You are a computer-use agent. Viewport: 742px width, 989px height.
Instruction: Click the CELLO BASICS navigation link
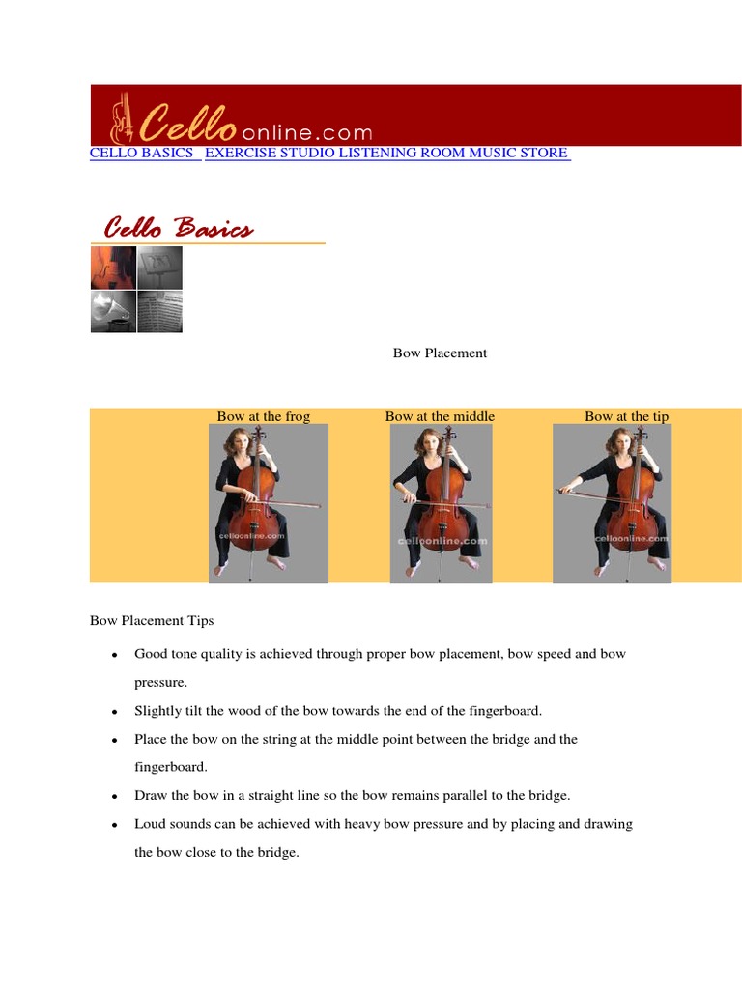pos(142,154)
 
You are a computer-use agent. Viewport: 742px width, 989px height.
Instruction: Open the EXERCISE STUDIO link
pos(271,154)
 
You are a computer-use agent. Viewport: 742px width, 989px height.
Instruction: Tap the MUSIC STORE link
pos(519,154)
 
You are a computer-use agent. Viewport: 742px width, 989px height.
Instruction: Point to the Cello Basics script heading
pos(179,229)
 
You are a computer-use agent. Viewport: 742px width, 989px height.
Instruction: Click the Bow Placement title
pos(440,353)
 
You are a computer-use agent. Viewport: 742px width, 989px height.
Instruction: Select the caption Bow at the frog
pos(264,416)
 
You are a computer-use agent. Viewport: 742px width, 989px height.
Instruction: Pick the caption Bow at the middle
pos(440,416)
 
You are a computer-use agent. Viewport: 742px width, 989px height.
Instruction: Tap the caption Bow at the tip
pos(626,416)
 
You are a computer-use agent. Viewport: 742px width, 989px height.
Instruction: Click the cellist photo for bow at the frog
pos(269,503)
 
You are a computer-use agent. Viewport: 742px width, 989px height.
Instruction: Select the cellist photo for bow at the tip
pos(612,503)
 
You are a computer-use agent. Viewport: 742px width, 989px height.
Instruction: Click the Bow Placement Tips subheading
pos(152,620)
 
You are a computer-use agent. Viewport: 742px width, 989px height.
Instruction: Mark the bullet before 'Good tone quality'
pos(115,655)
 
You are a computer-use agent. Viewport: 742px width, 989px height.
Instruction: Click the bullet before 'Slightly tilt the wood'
pos(115,712)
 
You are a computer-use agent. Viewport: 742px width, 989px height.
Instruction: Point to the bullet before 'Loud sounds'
pos(115,825)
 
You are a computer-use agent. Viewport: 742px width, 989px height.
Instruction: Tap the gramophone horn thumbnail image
pos(113,312)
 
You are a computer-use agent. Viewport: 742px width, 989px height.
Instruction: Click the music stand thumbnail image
pos(159,268)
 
